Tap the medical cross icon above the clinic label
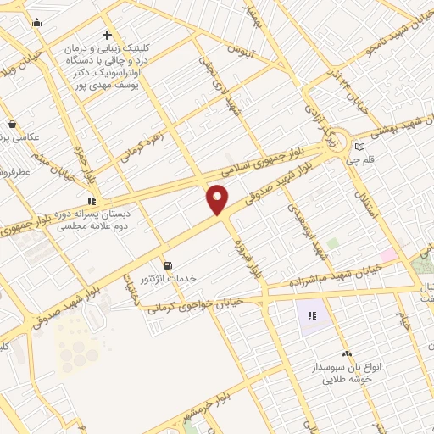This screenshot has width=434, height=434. (x=107, y=36)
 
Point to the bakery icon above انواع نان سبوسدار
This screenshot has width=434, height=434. (x=346, y=353)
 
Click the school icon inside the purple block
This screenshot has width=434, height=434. (x=311, y=316)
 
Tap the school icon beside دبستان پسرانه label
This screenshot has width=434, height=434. (x=89, y=201)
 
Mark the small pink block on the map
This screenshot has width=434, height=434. (x=388, y=254)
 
